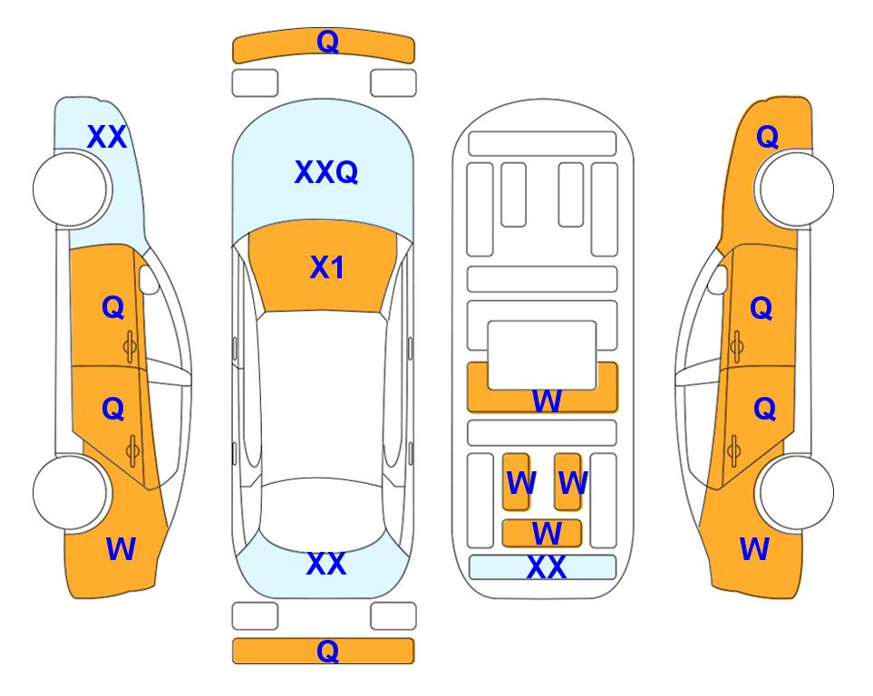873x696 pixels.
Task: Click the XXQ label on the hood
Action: (x=326, y=172)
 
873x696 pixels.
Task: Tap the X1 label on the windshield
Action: (x=327, y=267)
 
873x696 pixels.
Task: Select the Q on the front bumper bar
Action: (x=327, y=42)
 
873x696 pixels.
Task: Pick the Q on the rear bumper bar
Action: (x=327, y=651)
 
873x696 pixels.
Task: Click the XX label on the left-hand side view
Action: (x=107, y=137)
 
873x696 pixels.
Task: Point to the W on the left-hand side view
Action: (x=121, y=548)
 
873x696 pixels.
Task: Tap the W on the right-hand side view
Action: (x=754, y=548)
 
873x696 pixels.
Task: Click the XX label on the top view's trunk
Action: (x=326, y=564)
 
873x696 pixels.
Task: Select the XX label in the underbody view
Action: (x=546, y=567)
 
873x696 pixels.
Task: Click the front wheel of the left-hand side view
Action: (x=71, y=189)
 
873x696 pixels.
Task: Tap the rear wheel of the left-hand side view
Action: (x=71, y=492)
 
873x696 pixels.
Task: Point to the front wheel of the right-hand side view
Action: (x=796, y=189)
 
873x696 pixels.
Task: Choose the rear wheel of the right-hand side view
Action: (x=796, y=492)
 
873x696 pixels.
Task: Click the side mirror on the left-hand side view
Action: (x=149, y=279)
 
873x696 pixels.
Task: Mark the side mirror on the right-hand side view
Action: (x=718, y=279)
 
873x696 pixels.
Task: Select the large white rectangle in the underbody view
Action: (x=542, y=355)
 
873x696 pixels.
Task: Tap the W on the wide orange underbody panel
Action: (x=547, y=401)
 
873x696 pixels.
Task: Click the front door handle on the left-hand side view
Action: (x=131, y=346)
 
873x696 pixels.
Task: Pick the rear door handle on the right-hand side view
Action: (x=735, y=450)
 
